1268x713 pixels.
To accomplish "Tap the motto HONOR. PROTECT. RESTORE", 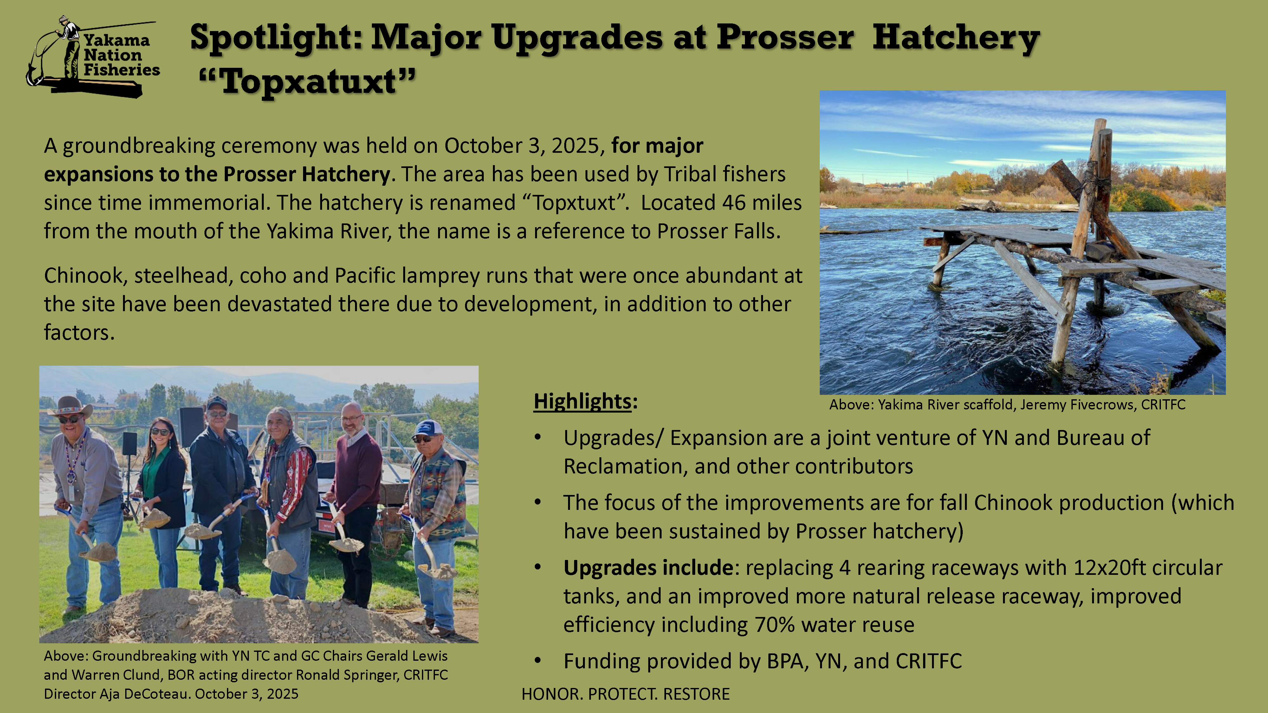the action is [x=626, y=694].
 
